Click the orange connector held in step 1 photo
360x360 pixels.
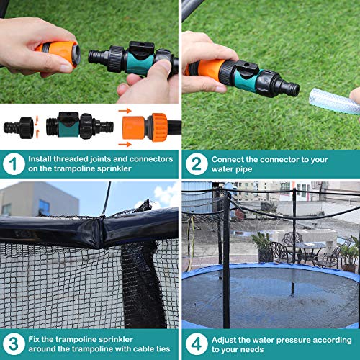(x=58, y=54)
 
